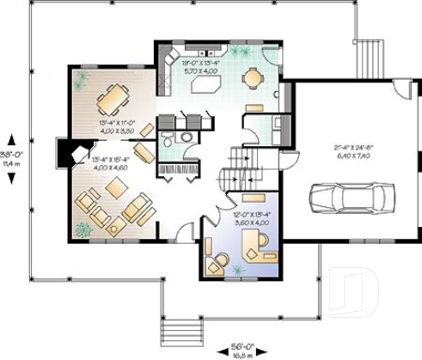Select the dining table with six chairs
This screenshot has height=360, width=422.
pyautogui.click(x=111, y=101)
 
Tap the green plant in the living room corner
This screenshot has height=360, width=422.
pyautogui.click(x=83, y=229)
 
